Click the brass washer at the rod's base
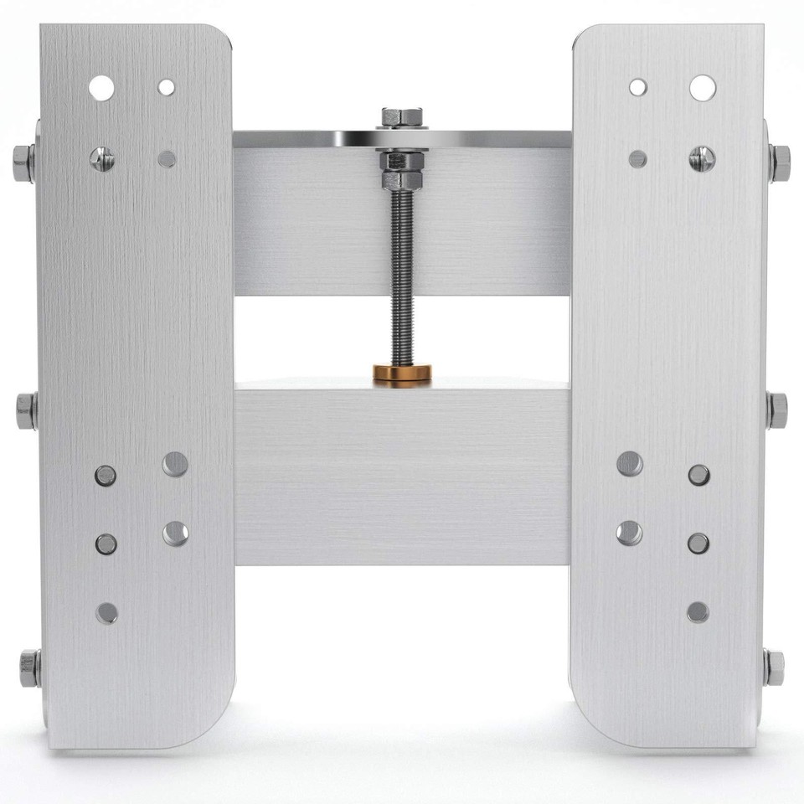(x=402, y=372)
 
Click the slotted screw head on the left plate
(x=101, y=157)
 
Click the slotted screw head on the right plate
(x=702, y=157)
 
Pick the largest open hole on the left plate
(x=101, y=87)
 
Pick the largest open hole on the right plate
(x=702, y=87)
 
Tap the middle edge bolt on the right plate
(x=777, y=410)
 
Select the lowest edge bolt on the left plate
(x=29, y=667)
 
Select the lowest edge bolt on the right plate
(x=775, y=667)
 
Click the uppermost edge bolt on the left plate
(x=24, y=157)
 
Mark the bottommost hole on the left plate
(x=106, y=612)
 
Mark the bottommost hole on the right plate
(x=698, y=612)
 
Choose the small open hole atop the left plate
(x=167, y=87)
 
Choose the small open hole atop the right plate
(x=638, y=87)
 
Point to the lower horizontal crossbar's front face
(x=402, y=477)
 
